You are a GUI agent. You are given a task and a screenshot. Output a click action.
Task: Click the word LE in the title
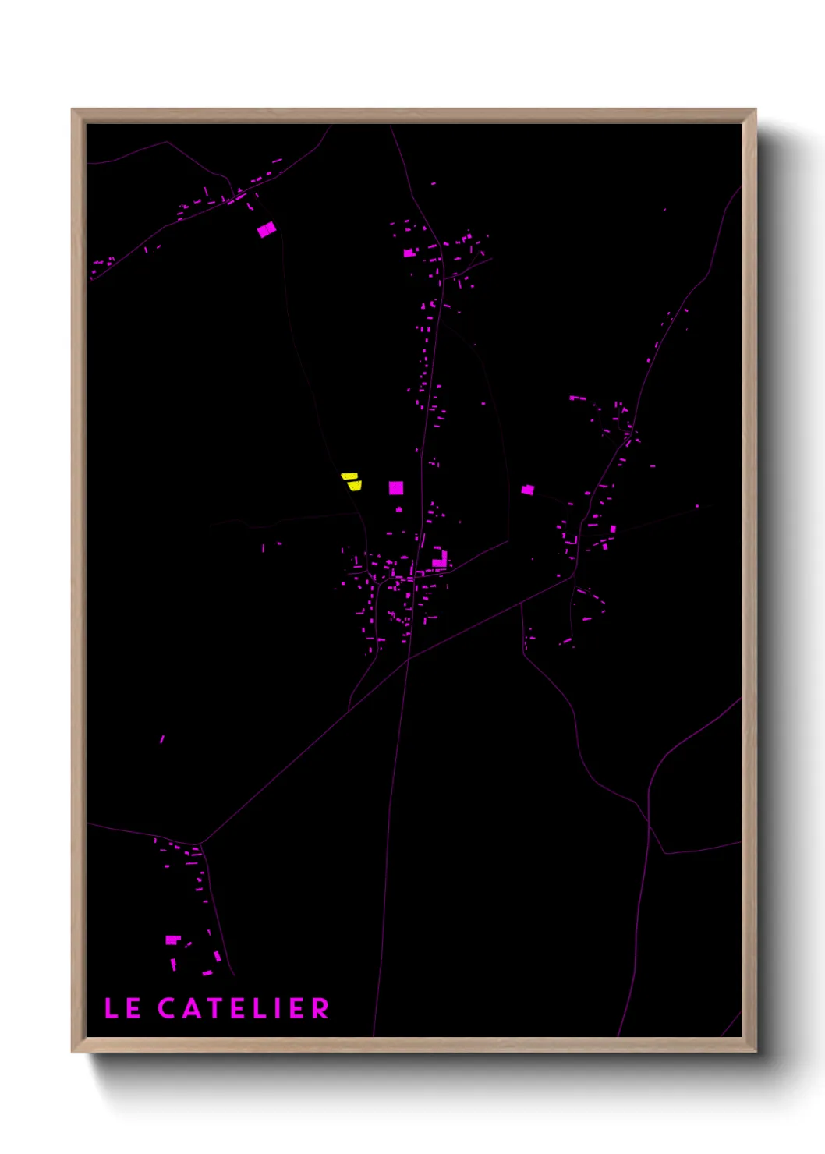pos(122,1008)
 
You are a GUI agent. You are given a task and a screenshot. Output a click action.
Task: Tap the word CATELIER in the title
pos(243,1008)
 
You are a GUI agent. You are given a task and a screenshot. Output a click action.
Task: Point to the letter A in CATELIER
pos(192,1008)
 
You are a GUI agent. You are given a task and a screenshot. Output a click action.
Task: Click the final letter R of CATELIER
pos(320,1008)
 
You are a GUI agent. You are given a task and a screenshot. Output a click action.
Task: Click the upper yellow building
pos(349,476)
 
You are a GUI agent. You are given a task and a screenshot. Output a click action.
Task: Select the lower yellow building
pos(355,486)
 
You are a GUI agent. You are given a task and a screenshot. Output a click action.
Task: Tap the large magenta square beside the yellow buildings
pos(396,488)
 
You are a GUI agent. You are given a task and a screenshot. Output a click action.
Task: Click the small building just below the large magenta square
pos(399,509)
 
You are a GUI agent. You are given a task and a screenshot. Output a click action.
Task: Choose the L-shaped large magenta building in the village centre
pos(441,559)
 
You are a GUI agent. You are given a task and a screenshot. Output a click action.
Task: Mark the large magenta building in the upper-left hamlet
pos(267,229)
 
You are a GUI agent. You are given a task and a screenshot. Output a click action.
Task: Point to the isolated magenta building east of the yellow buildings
pos(528,490)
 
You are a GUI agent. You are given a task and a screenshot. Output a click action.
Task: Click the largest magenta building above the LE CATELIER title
pos(172,940)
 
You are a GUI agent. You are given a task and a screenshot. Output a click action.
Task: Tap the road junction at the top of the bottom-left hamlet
pos(200,844)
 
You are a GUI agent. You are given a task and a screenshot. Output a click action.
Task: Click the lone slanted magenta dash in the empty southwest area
pos(162,738)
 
